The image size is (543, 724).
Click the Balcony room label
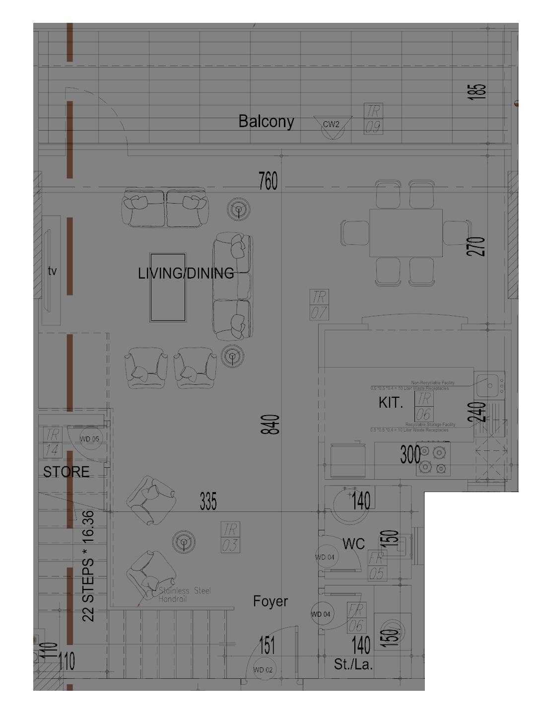[266, 121]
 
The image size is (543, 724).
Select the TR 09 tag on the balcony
[373, 119]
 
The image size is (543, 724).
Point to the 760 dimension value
[268, 181]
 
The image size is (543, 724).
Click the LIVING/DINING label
[186, 273]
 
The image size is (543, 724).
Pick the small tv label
[52, 271]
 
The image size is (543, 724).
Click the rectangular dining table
[406, 233]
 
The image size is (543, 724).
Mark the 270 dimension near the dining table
[475, 246]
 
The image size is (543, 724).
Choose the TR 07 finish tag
[319, 304]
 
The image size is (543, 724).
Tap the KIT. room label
[391, 403]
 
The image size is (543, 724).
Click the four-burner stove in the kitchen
[433, 460]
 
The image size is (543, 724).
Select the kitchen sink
[489, 384]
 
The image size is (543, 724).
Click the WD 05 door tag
[90, 439]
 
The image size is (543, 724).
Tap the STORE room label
[66, 472]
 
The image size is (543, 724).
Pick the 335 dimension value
[208, 502]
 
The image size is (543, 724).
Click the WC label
[353, 544]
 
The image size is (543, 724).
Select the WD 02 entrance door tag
[263, 669]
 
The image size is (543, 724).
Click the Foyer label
[270, 601]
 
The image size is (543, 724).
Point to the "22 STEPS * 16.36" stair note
[88, 566]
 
